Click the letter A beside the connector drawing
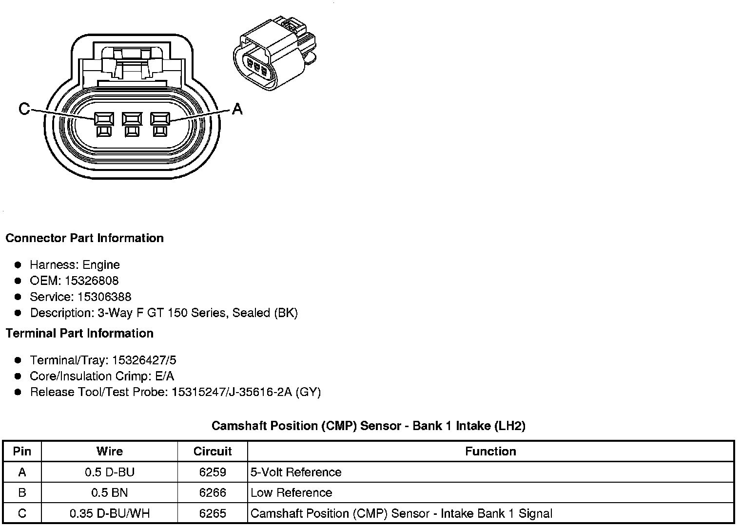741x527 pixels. tap(237, 109)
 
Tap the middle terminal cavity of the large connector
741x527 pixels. tap(132, 119)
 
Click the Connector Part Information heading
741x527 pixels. tap(84, 238)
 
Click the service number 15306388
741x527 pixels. tap(104, 297)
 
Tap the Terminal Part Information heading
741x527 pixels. tap(79, 333)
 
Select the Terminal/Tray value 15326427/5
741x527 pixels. tap(144, 360)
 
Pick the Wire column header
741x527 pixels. tap(110, 452)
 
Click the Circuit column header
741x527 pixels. tap(213, 452)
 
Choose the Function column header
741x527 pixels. tap(490, 452)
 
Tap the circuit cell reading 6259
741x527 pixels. tap(213, 472)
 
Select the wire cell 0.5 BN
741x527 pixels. tap(110, 492)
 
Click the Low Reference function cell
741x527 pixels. tap(291, 492)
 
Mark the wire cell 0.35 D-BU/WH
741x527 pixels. tap(110, 513)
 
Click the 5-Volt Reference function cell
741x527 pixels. tap(296, 472)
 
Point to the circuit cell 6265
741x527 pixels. tap(213, 513)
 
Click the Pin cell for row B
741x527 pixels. tap(22, 492)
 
